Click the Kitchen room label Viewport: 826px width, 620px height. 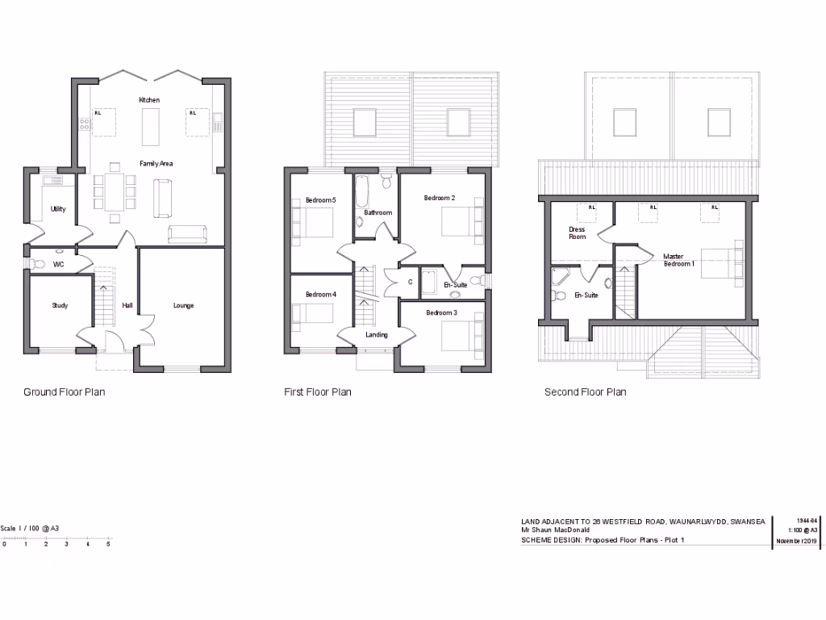149,100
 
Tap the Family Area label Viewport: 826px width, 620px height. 156,164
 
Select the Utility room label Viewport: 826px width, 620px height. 58,209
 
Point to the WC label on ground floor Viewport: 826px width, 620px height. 58,264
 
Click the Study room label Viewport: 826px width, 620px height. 60,306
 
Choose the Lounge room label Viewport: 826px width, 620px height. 183,306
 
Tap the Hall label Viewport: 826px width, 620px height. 127,306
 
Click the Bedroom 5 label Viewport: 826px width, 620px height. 320,199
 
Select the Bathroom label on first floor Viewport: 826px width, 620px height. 378,213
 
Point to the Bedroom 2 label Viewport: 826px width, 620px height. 440,198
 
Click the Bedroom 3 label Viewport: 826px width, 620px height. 441,312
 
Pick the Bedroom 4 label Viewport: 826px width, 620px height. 320,295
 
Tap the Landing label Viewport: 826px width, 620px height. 376,335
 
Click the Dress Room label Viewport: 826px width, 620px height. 577,233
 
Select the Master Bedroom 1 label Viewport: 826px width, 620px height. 678,261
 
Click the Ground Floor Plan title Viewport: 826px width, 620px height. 64,392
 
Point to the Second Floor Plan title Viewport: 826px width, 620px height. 585,392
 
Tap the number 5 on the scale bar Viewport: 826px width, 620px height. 108,545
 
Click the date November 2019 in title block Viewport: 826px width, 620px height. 796,541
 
